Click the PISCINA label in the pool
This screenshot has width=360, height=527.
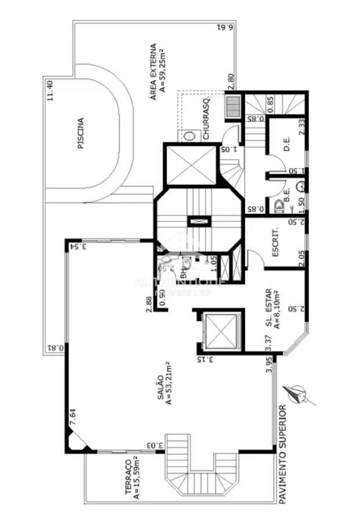tap(80, 134)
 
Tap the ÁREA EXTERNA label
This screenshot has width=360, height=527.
tap(154, 67)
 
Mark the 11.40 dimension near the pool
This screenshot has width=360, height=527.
tap(51, 91)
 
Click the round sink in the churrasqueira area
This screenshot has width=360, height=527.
tap(190, 136)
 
